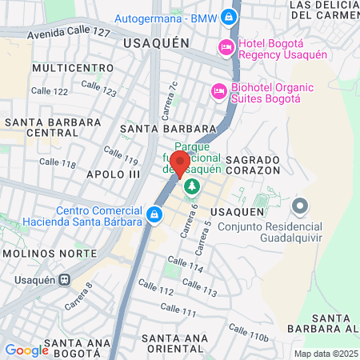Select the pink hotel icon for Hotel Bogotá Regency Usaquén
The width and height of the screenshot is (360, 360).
226,47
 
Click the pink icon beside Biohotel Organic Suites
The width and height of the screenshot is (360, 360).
217,92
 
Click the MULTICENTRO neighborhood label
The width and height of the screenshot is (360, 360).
67,69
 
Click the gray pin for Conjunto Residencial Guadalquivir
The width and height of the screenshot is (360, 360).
300,206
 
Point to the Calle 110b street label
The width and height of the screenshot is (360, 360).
248,333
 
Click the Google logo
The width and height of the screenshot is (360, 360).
26,350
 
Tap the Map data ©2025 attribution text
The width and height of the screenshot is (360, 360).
325,354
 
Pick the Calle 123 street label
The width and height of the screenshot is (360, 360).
98,87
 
